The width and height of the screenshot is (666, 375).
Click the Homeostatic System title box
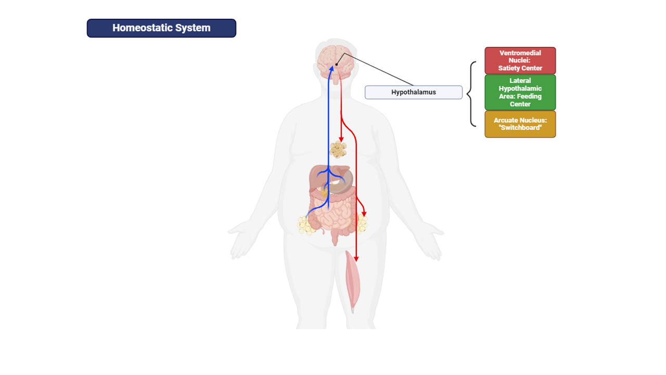[x=161, y=28]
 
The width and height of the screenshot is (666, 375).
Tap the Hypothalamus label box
[x=414, y=92]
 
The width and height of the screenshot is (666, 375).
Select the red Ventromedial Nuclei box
[x=520, y=60]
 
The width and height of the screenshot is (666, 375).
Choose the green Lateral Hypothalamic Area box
[x=520, y=92]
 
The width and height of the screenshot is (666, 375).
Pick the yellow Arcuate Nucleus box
[x=520, y=124]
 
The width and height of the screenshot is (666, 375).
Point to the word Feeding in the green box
[x=530, y=96]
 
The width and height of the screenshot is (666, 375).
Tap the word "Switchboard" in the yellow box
[x=520, y=128]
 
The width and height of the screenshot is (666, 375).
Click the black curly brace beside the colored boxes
[x=471, y=94]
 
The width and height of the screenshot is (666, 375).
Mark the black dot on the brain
[x=337, y=65]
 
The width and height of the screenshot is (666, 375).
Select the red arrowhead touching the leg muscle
[x=356, y=258]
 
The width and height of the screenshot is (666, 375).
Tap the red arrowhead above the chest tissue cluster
[x=341, y=139]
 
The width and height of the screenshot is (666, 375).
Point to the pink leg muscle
[x=353, y=281]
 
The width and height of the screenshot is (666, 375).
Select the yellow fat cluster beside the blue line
[x=306, y=225]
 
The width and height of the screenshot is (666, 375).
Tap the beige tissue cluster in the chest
[x=338, y=150]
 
